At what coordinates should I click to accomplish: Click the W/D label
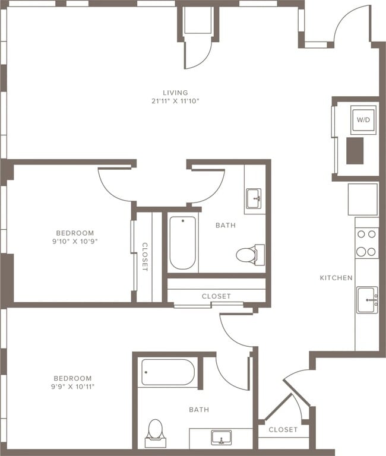(x=363, y=119)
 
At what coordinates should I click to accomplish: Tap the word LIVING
(x=175, y=93)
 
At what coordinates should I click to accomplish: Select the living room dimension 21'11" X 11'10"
(x=175, y=101)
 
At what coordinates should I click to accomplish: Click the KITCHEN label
(x=336, y=278)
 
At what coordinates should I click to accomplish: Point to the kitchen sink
(x=367, y=299)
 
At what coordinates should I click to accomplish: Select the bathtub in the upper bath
(x=182, y=243)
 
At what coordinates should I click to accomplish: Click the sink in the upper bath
(x=254, y=198)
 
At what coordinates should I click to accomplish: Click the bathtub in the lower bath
(x=167, y=372)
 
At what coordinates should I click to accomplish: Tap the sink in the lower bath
(x=221, y=438)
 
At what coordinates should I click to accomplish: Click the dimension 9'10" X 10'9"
(x=75, y=242)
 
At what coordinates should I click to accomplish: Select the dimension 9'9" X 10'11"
(x=73, y=387)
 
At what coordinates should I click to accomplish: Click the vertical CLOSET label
(x=144, y=256)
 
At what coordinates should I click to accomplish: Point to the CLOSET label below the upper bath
(x=216, y=296)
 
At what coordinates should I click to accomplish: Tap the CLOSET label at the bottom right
(x=283, y=429)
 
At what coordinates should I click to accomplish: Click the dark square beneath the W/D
(x=355, y=150)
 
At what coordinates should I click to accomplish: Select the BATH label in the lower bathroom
(x=199, y=410)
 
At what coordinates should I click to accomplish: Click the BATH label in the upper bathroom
(x=226, y=225)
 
